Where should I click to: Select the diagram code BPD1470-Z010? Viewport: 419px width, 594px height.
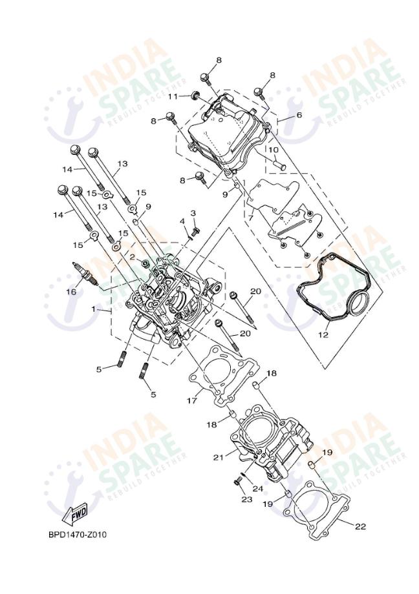tap(77, 535)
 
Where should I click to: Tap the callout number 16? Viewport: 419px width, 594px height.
tap(71, 292)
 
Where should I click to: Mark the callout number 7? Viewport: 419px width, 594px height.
tap(250, 218)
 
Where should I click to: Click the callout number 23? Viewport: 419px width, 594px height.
tap(246, 499)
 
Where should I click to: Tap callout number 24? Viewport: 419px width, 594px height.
tap(257, 489)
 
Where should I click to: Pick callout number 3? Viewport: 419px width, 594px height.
tap(193, 213)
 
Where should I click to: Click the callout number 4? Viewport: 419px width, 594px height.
tap(182, 221)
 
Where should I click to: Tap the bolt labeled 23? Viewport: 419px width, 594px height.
tap(237, 483)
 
